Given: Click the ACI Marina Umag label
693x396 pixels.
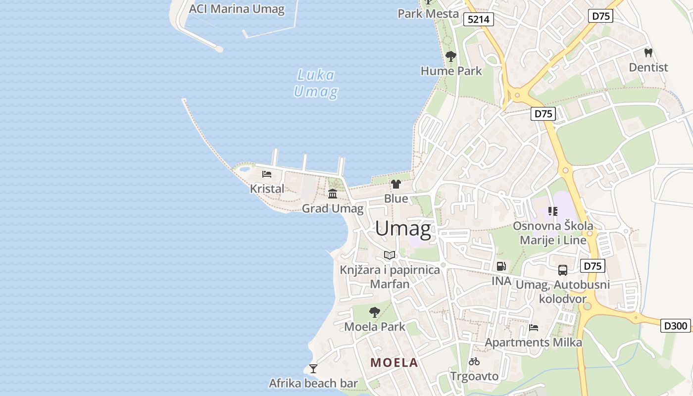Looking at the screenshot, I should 237,9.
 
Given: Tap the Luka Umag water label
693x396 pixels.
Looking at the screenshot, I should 316,83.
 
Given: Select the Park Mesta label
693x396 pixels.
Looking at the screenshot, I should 428,13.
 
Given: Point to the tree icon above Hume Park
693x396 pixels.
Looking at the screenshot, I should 450,56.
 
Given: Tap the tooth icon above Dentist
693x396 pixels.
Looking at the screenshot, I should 648,52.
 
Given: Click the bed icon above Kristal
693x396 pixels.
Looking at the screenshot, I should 267,174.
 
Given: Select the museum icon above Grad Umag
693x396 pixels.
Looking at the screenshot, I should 333,194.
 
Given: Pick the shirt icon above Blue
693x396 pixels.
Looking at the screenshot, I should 396,184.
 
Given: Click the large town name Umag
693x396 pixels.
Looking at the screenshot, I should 403,228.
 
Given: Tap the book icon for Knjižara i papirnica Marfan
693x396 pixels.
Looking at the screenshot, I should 390,255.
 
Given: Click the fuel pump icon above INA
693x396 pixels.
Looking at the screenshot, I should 501,266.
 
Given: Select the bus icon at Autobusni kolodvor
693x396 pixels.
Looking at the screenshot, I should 563,270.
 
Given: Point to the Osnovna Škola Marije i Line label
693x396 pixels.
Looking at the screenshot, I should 553,233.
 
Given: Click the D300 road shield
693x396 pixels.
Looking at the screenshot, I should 676,326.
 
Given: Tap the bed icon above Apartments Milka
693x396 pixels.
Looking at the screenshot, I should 533,328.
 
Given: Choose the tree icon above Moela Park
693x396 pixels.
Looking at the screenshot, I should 375,312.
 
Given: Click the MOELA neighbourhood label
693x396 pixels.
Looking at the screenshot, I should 394,362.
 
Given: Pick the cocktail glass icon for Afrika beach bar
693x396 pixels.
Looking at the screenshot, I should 313,368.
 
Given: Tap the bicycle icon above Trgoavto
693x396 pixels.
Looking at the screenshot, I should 474,361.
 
